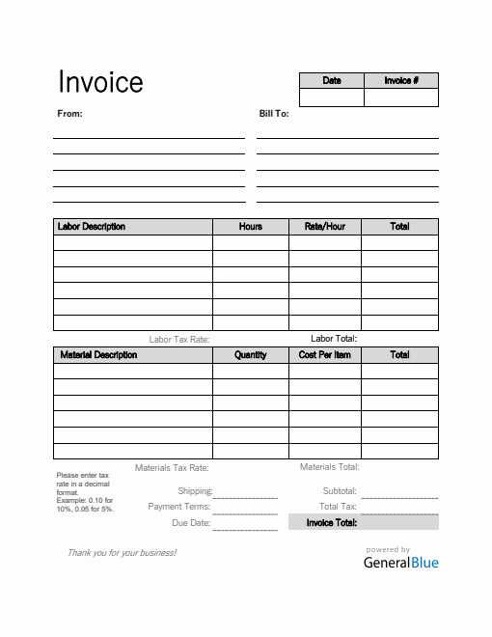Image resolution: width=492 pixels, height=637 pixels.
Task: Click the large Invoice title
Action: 100,82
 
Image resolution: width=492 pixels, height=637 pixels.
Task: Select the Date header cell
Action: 331,80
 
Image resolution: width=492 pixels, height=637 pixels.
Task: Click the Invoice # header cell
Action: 401,80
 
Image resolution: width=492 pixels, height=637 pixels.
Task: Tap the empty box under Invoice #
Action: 401,97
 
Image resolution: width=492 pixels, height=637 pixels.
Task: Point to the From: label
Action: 70,113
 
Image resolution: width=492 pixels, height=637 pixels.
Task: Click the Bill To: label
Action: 274,113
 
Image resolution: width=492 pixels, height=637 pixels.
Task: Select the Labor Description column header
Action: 92,227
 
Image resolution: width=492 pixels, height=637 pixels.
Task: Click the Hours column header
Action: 251,227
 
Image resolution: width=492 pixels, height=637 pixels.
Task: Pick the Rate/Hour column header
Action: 325,227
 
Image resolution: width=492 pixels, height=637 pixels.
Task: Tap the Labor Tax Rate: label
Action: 178,340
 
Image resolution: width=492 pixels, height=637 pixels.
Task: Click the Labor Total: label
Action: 334,339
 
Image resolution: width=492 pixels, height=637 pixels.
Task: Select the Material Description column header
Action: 98,355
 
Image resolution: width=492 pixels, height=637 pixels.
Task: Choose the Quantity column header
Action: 251,355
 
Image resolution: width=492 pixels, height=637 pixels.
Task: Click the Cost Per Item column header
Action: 325,355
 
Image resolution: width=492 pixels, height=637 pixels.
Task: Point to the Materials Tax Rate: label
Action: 172,468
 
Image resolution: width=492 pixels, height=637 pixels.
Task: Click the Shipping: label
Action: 194,491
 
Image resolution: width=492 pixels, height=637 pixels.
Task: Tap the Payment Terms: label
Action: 178,507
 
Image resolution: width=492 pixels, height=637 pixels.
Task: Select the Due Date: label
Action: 191,522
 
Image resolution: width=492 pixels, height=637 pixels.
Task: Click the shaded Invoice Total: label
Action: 332,522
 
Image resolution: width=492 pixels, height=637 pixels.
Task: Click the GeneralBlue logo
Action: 400,562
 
